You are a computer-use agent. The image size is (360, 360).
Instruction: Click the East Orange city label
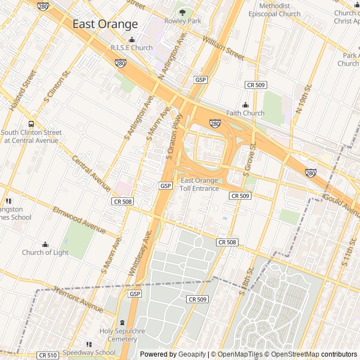click(105, 24)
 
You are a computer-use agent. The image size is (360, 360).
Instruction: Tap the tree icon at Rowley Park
click(182, 12)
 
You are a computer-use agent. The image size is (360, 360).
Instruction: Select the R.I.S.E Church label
click(132, 48)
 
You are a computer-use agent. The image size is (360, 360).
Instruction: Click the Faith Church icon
click(245, 105)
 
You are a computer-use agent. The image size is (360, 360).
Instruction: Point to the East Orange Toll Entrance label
click(199, 184)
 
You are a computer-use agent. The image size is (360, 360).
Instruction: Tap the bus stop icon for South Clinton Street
click(31, 124)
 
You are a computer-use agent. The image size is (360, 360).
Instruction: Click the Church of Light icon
click(45, 244)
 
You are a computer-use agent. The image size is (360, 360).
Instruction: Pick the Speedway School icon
click(88, 344)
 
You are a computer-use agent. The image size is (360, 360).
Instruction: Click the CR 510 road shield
click(48, 355)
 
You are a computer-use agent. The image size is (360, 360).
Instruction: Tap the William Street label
click(224, 48)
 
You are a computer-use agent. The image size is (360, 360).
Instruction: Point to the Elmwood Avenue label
click(79, 220)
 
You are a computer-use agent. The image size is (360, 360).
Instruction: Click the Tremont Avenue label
click(78, 298)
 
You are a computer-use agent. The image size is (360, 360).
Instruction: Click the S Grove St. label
click(249, 159)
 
